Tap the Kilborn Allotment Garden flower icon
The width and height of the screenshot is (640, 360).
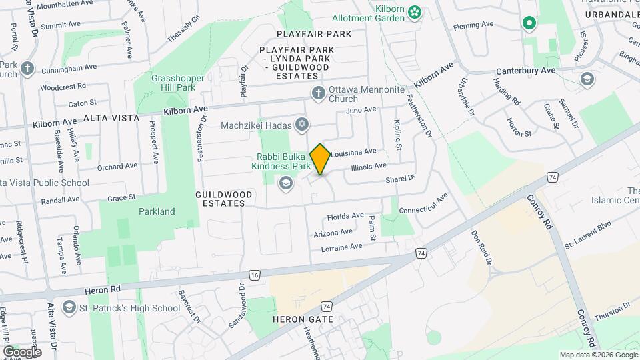click(415, 11)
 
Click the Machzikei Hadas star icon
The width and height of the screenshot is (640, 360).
click(302, 125)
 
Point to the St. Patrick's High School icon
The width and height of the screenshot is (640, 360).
click(68, 308)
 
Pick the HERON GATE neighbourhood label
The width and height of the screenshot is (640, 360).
click(297, 319)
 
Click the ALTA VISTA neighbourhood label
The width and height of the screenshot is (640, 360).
click(111, 117)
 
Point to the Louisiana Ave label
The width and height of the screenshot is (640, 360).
click(354, 152)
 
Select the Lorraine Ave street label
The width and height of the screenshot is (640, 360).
click(341, 247)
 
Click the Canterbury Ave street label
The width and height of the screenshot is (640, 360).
click(525, 71)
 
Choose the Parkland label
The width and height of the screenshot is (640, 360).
click(157, 211)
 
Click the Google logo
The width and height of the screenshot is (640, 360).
click(21, 351)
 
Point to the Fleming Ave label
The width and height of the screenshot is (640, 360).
click(473, 24)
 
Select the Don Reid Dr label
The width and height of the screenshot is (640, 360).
click(481, 248)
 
